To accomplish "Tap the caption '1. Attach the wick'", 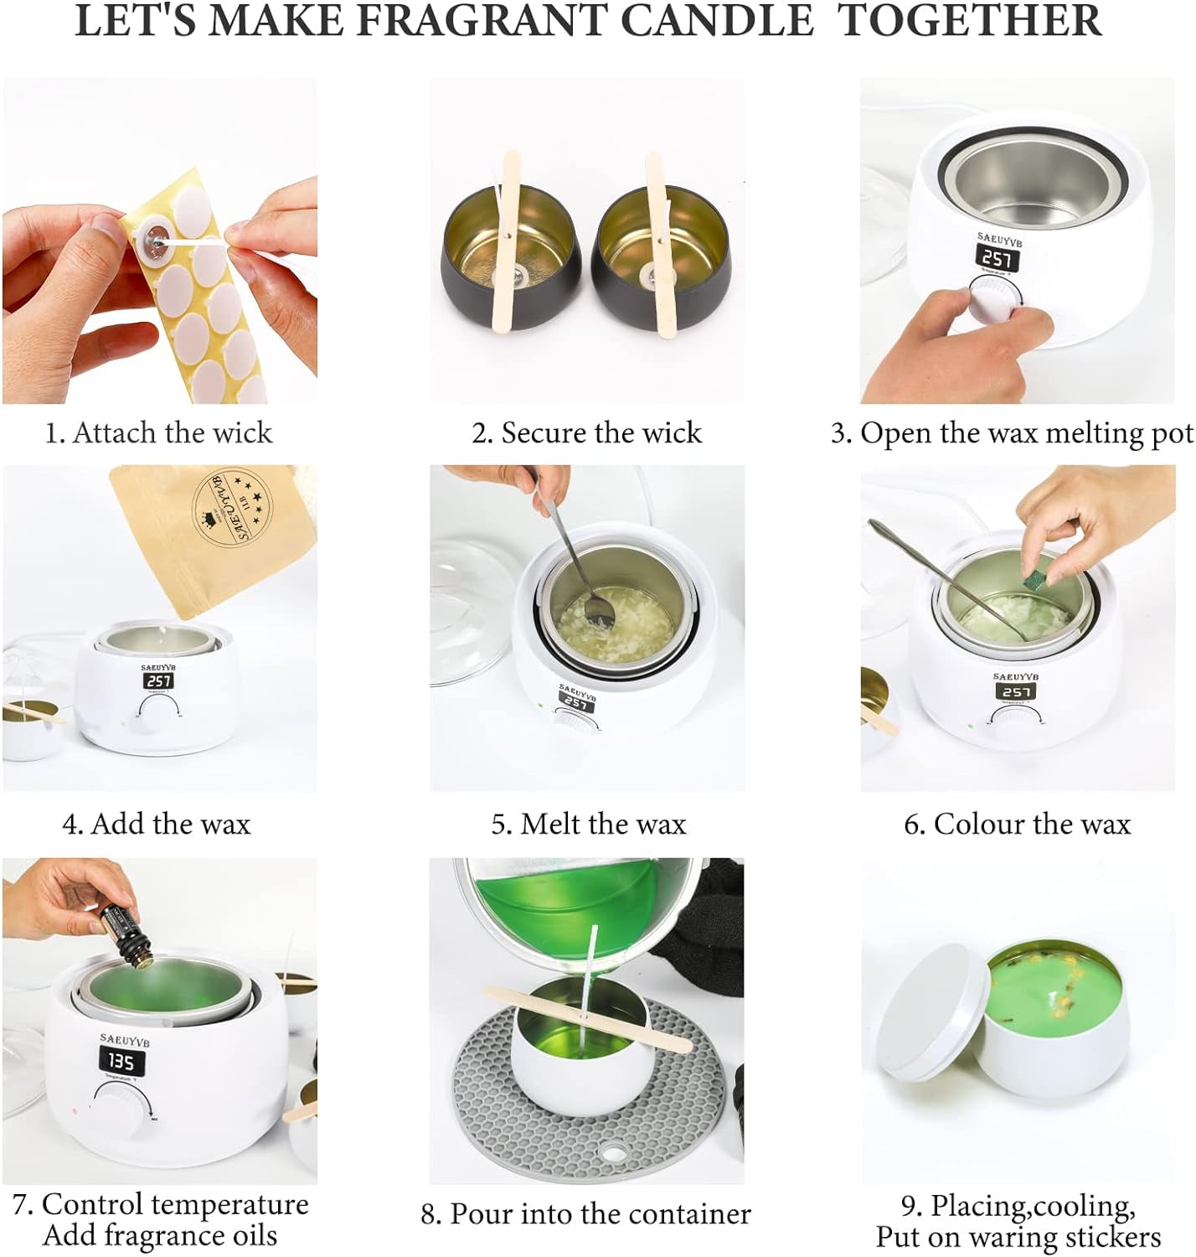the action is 158,433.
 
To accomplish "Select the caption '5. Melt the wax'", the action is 588,824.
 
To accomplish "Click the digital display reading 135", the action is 121,1062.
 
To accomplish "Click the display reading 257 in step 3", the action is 998,258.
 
